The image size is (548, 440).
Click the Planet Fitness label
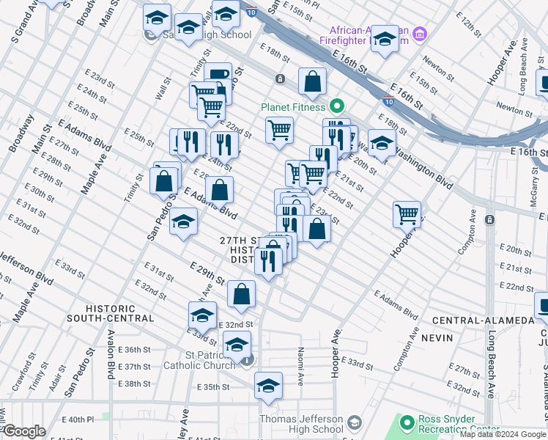tap(293, 107)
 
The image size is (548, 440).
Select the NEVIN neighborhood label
tap(452, 337)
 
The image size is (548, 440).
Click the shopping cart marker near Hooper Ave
tap(407, 214)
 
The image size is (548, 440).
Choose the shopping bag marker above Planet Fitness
tap(312, 82)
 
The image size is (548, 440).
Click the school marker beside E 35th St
tap(269, 386)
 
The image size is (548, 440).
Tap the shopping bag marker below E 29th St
tap(241, 294)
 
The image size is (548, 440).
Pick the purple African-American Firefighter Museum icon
tap(420, 34)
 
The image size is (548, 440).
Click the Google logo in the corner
tap(24, 431)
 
